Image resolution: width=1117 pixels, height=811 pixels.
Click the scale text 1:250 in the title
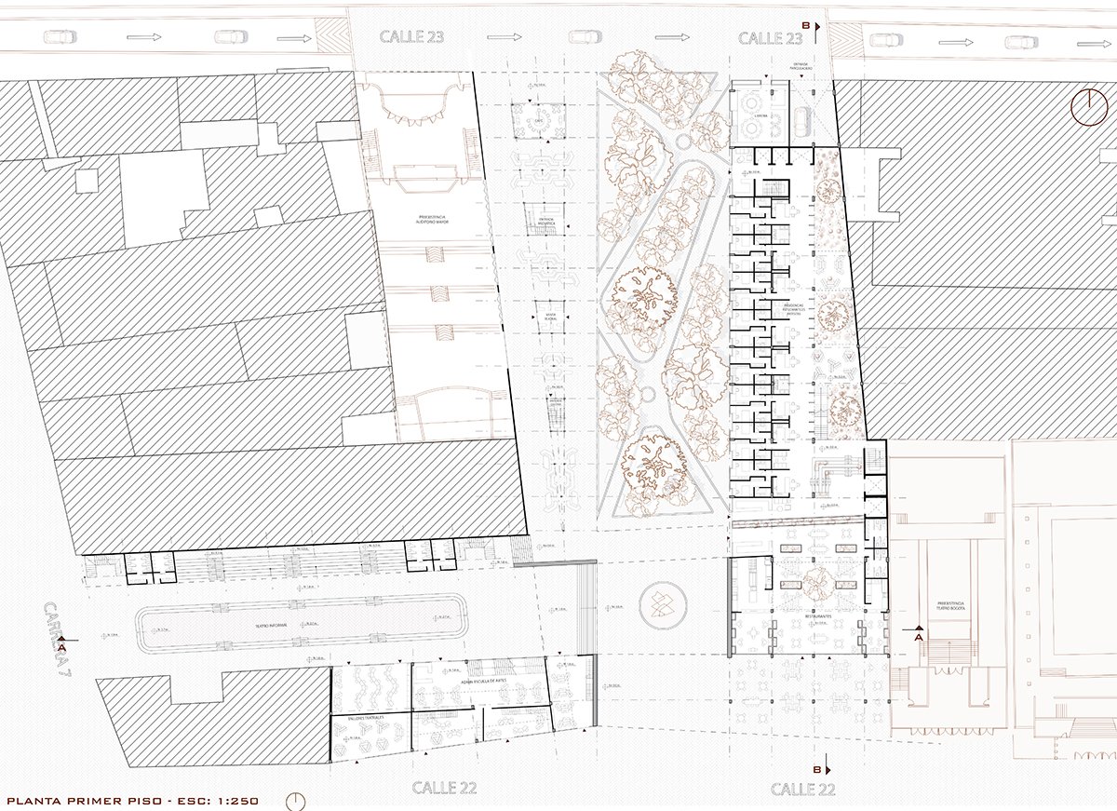click(x=228, y=800)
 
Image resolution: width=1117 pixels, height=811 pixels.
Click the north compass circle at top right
click(x=1087, y=107)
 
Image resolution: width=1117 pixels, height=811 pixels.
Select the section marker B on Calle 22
click(x=818, y=770)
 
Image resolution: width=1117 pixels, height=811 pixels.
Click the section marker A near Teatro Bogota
click(x=918, y=638)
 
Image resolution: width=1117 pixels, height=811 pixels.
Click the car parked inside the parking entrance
click(x=802, y=118)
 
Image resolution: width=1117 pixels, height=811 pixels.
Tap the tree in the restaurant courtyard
click(x=819, y=583)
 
